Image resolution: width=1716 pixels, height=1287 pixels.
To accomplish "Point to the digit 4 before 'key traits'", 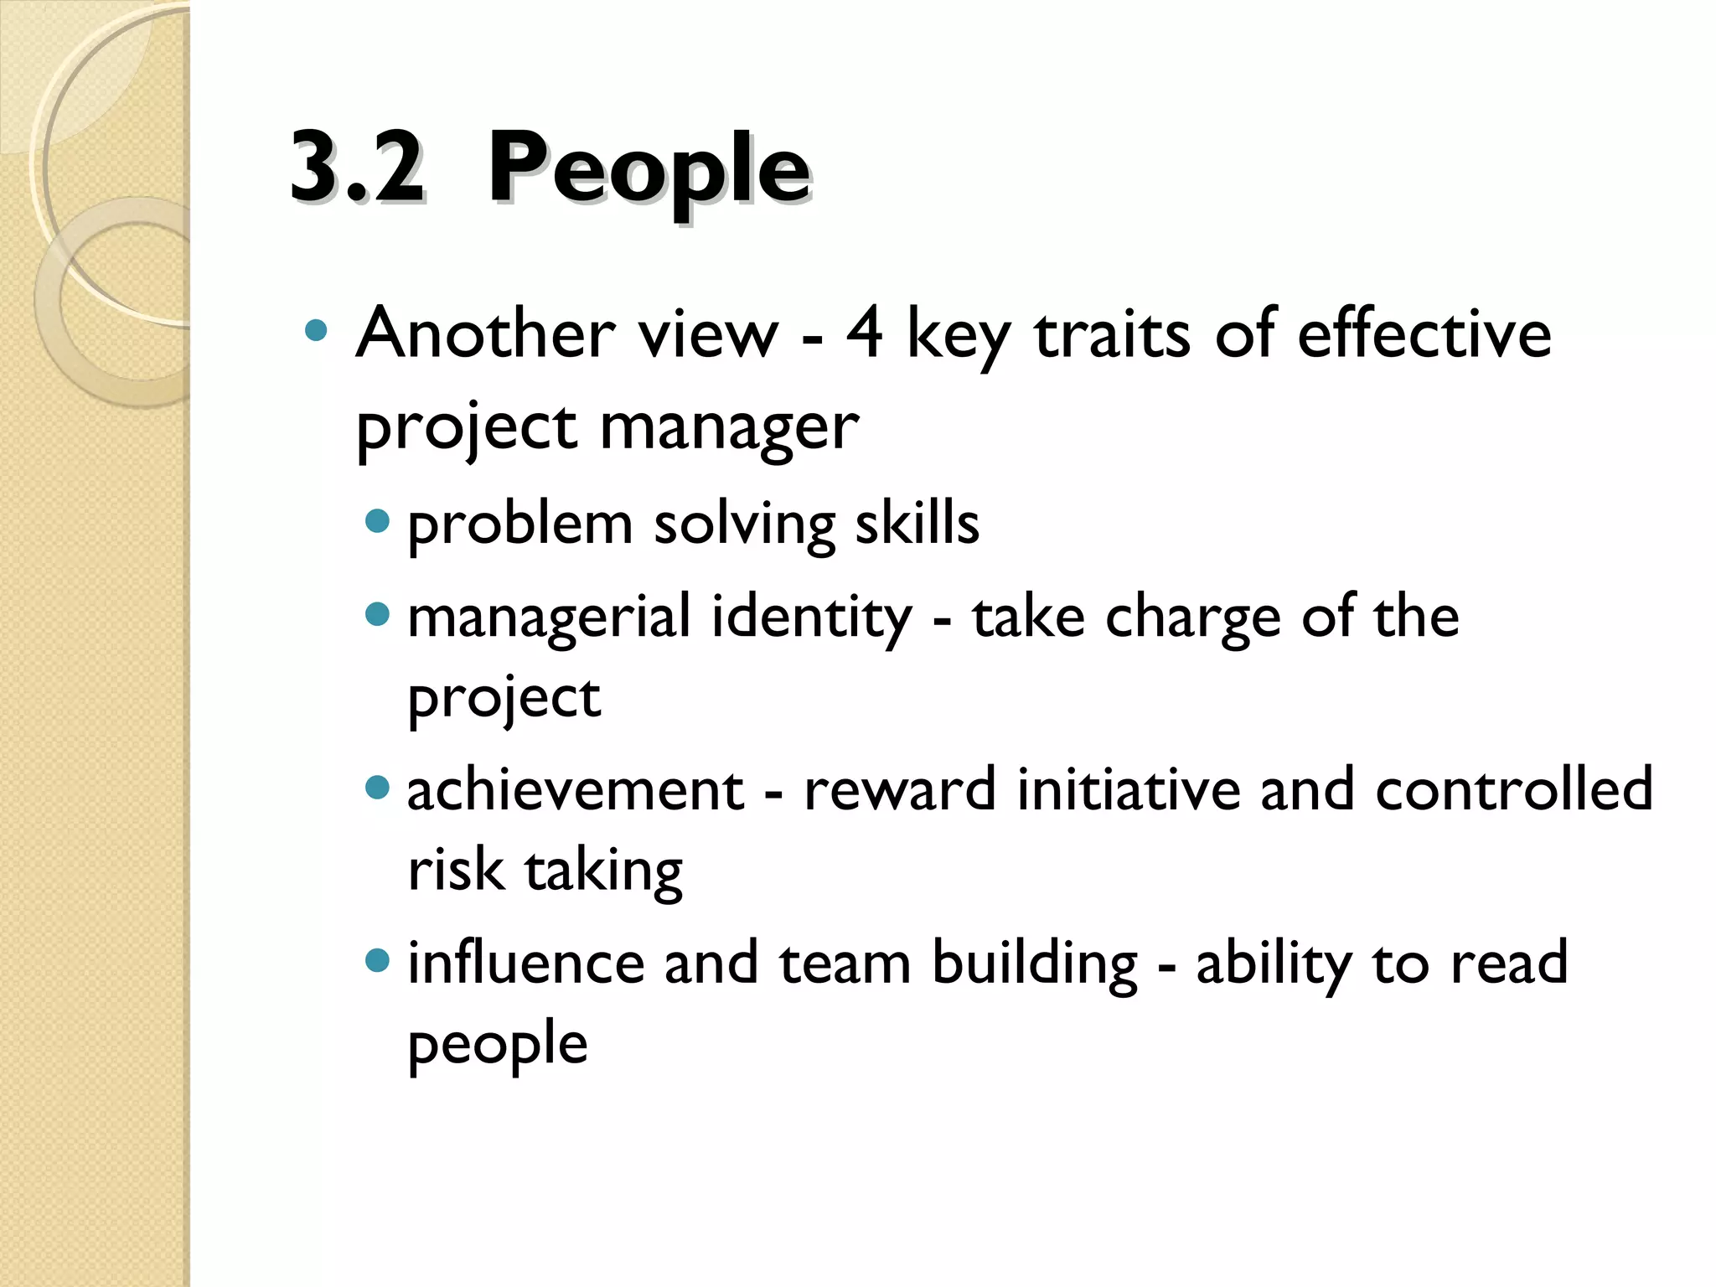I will click(x=864, y=333).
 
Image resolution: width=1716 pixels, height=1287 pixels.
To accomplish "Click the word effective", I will click(x=1424, y=333).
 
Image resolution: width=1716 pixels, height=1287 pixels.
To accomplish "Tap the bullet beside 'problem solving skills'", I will click(x=378, y=521).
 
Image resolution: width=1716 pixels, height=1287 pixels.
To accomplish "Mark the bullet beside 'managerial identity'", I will click(x=378, y=615).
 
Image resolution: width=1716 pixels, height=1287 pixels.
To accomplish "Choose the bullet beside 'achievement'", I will click(x=378, y=788).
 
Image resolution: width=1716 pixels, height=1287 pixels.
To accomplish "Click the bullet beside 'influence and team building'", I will click(x=378, y=960).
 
